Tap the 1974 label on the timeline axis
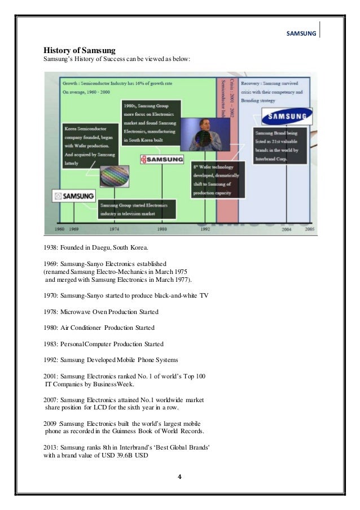tap(115, 230)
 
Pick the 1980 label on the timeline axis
tap(162, 230)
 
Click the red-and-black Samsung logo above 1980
tap(162, 159)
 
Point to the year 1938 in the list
tap(52, 249)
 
